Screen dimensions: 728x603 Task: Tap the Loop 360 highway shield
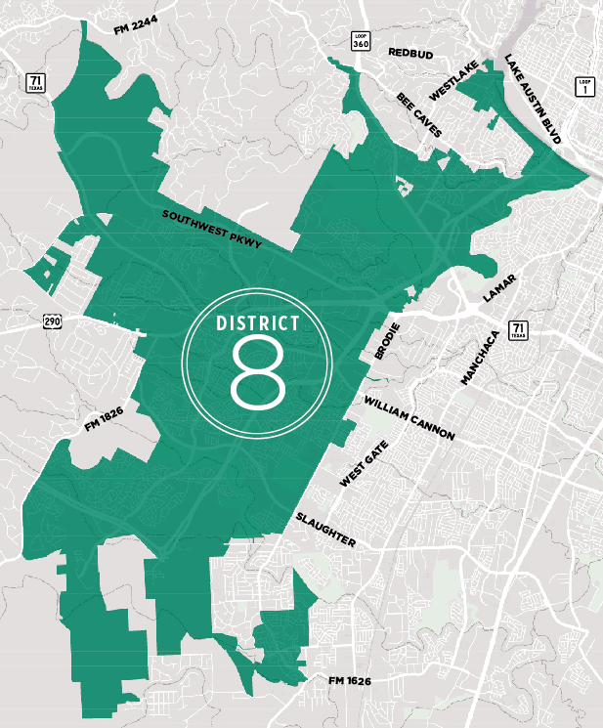pos(361,40)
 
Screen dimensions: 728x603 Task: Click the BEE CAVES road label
pos(419,115)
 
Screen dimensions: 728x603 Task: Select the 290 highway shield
pos(52,321)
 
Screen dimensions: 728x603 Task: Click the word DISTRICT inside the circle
pos(257,321)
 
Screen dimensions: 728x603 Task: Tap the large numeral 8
pos(257,372)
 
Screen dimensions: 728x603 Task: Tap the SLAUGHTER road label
pos(326,529)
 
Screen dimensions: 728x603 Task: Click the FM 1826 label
pos(104,420)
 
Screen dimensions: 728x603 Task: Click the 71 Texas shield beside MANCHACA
pos(517,330)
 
